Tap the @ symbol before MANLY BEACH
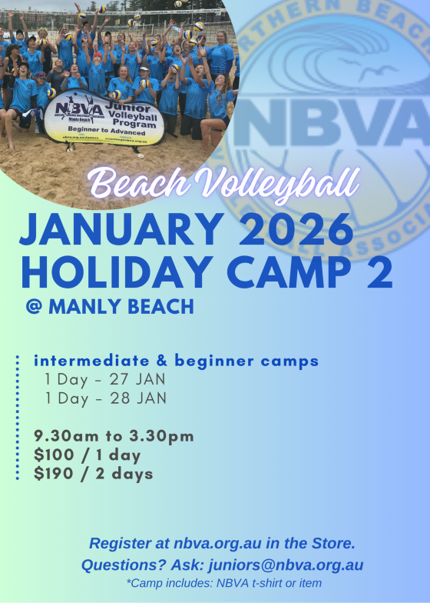coord(33,306)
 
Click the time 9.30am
coord(65,437)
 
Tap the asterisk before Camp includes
coord(128,583)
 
